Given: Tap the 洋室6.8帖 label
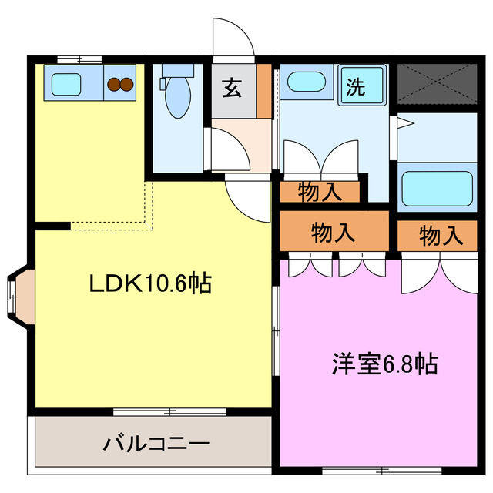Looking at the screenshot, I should click(385, 363).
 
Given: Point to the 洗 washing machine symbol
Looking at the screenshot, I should click(355, 86).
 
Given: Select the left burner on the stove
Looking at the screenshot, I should click(112, 84).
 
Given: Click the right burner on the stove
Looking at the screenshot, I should click(126, 84).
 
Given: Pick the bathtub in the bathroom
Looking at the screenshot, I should click(438, 188).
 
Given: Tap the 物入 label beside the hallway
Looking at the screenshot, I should click(319, 193).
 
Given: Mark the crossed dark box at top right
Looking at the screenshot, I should click(435, 84).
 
